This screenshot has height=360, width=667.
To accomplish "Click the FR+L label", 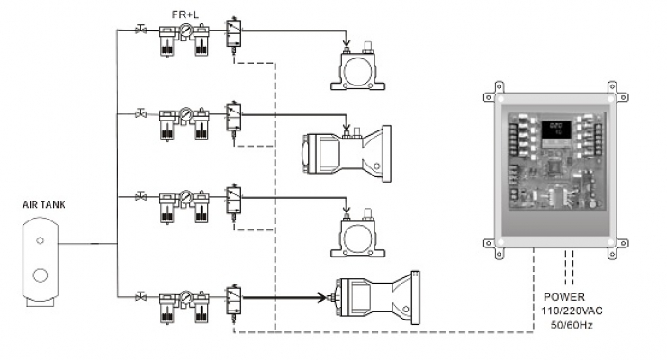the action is pos(185,14).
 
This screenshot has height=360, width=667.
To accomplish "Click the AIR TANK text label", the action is pos(44,204).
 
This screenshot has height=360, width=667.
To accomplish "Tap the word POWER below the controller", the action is pos(564,297).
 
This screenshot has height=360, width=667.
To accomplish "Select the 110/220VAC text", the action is pos(572,310).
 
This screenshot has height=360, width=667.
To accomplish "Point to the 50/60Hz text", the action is pos(572,325).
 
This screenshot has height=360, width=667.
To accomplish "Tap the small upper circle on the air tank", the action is pos(40,240).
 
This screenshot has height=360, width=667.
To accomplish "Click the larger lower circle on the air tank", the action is pos(41,275).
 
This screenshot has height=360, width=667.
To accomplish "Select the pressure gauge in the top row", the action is pos(185,31).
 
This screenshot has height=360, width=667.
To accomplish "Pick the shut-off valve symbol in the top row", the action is pos(140,30).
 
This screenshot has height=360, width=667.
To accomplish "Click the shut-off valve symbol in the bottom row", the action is pos(140,296).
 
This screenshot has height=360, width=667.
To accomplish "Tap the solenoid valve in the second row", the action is pos(233,118).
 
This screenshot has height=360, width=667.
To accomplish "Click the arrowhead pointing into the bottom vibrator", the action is pos(321,297).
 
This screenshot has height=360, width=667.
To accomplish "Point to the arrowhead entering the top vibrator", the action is pos(347,42).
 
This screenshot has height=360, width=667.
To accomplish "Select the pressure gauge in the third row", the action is pos(185,197).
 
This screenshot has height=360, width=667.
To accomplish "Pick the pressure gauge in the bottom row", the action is pos(185,297).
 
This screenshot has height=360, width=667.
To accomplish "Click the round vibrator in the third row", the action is pos(357,236).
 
